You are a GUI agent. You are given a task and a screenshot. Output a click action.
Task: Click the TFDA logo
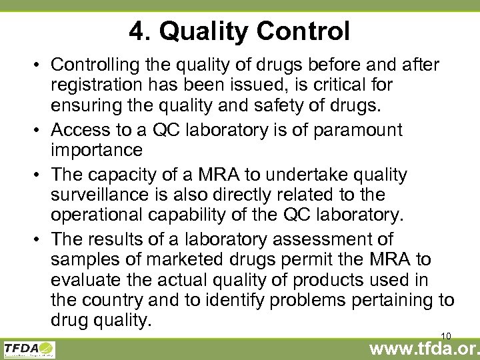[29, 348]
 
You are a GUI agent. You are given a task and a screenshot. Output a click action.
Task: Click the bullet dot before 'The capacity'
[38, 175]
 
